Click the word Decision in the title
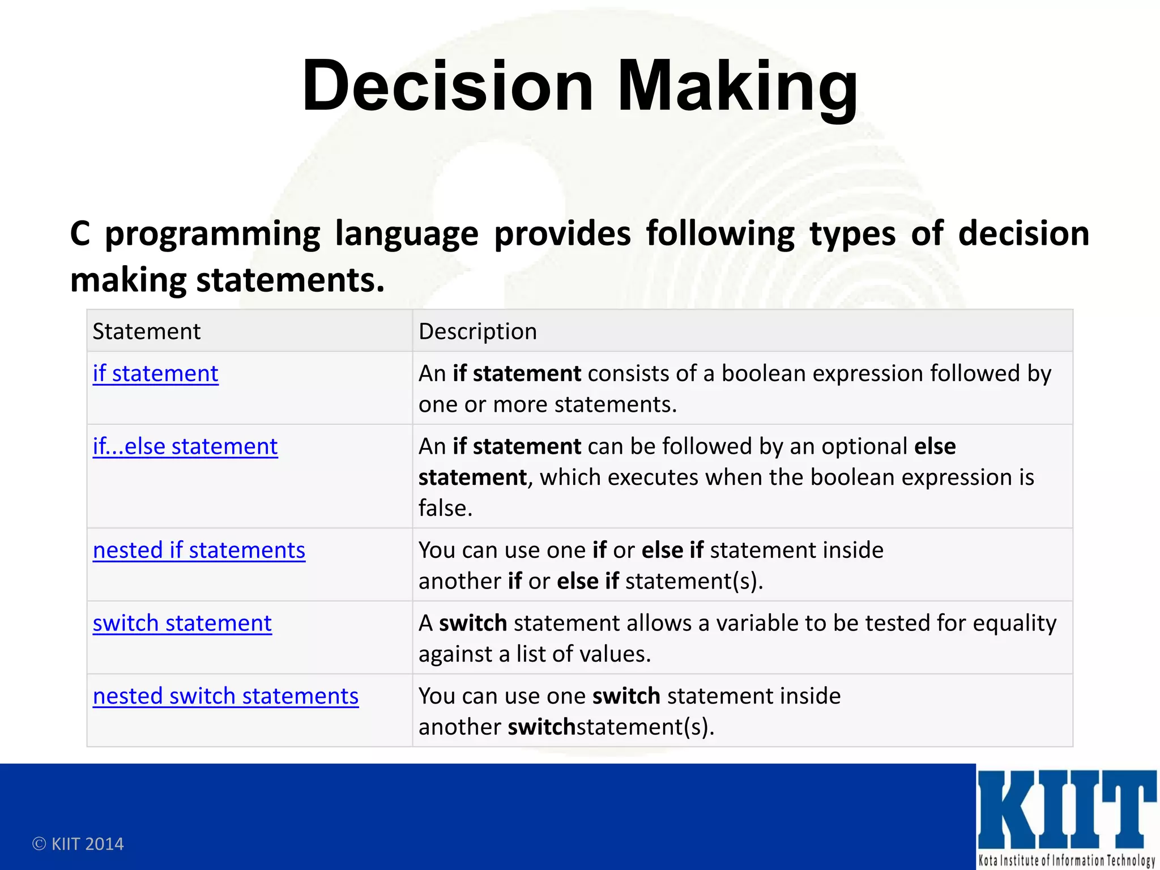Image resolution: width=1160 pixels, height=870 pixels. tap(447, 86)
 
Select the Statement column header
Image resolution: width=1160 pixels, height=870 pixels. tap(146, 331)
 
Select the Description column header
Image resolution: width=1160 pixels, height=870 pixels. tap(477, 331)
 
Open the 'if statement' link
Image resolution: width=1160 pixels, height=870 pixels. tap(155, 374)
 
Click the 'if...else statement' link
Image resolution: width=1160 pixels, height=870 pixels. tap(185, 447)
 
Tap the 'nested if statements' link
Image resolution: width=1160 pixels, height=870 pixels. tap(199, 551)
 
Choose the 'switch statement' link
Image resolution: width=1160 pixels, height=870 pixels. tap(182, 624)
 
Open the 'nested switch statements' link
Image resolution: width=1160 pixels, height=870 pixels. tap(225, 696)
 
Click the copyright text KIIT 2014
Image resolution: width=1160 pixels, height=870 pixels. tap(78, 844)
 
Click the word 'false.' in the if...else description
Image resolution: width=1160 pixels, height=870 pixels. tap(445, 508)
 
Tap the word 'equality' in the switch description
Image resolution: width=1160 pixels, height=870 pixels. tap(1014, 624)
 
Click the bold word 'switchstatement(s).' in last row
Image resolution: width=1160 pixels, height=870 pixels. tap(611, 727)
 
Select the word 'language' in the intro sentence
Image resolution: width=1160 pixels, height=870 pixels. tap(406, 234)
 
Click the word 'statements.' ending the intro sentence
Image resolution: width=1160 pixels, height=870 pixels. tap(290, 280)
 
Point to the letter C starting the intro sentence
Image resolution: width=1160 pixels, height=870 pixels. tap(80, 234)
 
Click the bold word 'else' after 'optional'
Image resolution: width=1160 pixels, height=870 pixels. tap(935, 447)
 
